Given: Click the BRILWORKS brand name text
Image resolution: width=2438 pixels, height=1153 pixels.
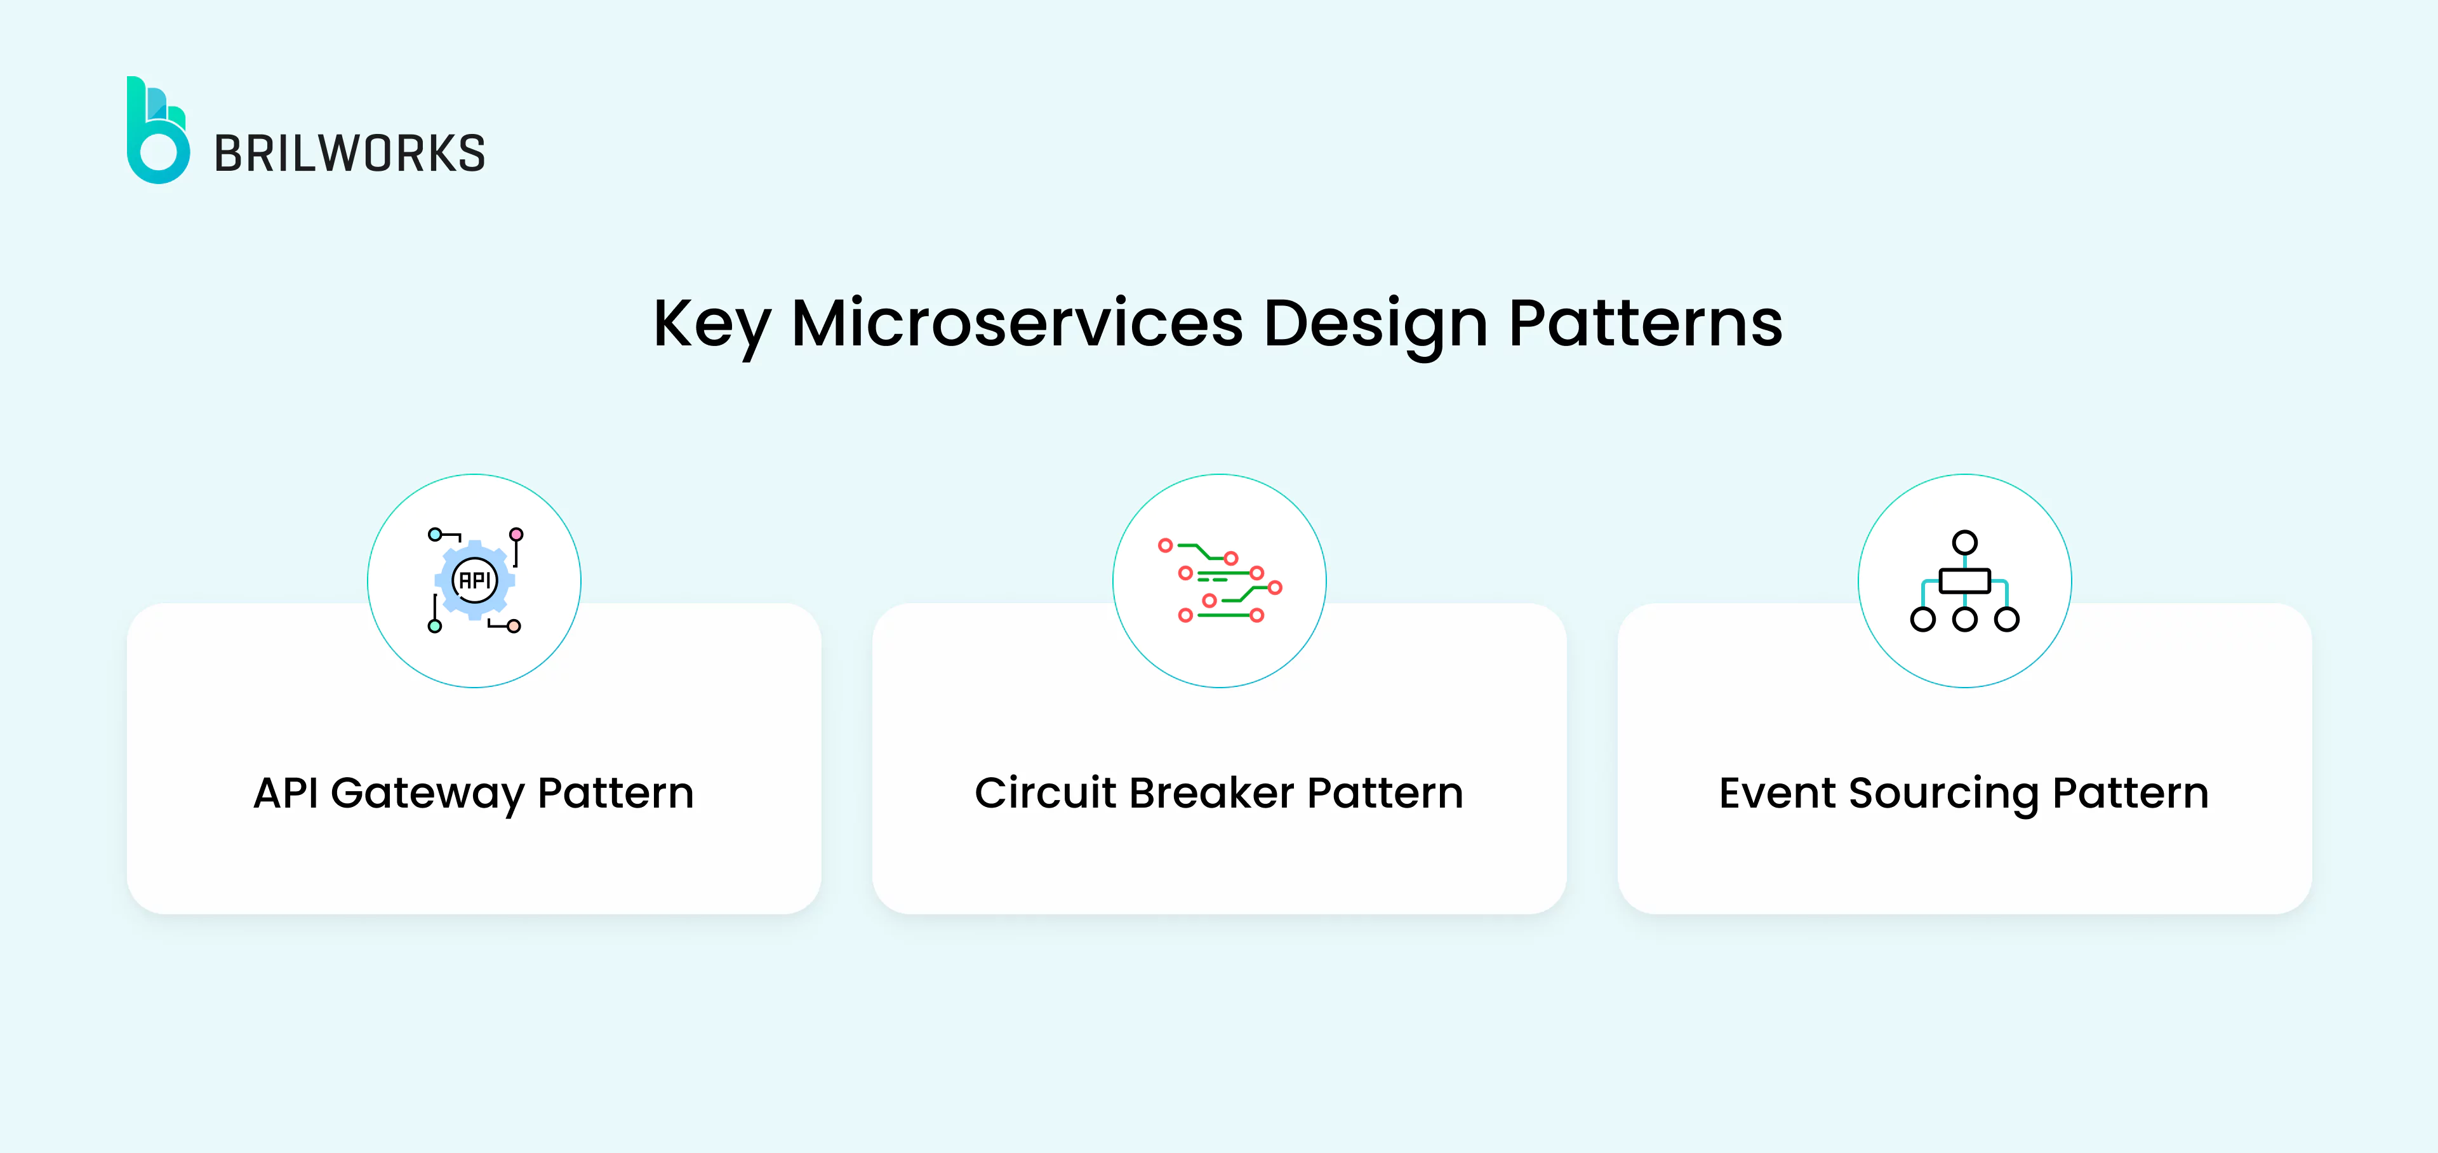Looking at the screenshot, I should coord(349,154).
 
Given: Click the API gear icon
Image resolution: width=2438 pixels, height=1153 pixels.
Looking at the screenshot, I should coord(474,579).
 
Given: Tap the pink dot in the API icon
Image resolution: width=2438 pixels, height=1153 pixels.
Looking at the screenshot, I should coord(516,535).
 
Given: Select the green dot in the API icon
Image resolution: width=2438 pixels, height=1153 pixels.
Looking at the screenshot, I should coord(434,626).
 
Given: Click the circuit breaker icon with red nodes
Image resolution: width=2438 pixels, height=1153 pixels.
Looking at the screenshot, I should coord(1219,580).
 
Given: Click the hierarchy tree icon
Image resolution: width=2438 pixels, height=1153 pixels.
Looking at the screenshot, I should coord(1965,580).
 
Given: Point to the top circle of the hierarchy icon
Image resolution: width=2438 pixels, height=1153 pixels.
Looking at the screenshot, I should coord(1965,542).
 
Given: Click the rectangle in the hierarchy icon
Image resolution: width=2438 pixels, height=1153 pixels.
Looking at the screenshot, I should coord(1965,580).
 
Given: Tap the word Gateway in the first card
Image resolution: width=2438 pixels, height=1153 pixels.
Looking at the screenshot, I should coord(427,793).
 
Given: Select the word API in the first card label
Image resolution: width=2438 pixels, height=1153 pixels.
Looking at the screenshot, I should coord(286,792).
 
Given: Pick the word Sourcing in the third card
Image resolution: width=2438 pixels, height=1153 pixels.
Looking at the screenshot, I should coord(1943,793).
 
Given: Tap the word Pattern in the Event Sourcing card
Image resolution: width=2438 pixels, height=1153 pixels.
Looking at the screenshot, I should coord(2131,792).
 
